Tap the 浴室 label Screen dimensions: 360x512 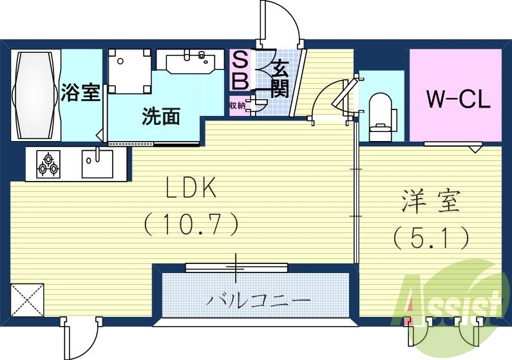(x=81, y=93)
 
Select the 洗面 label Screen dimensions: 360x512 (x=160, y=117)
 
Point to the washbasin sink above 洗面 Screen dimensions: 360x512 (x=191, y=63)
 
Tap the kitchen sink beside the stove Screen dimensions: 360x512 (x=97, y=164)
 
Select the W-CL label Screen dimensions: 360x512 (x=459, y=99)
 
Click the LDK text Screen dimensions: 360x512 (x=191, y=189)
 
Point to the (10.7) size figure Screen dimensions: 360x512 (x=191, y=223)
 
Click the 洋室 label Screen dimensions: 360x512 (x=431, y=202)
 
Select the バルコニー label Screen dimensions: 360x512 (x=258, y=300)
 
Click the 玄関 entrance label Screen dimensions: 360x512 (x=279, y=78)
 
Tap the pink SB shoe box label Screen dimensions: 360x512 (x=239, y=71)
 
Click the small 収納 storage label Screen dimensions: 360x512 (x=236, y=106)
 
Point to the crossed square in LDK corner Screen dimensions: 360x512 (x=27, y=299)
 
